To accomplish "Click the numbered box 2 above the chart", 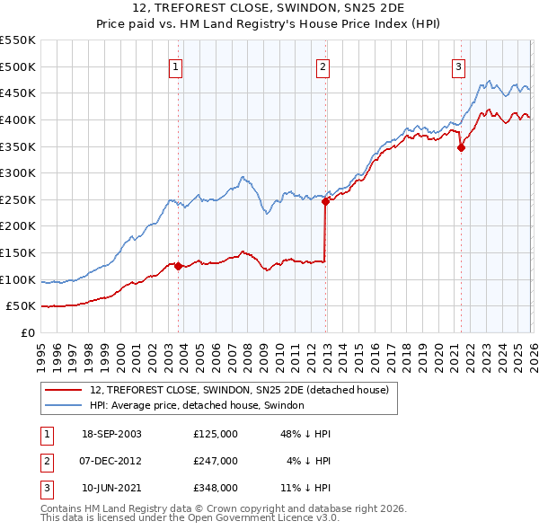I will [x=323, y=66].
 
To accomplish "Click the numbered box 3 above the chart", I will [x=458, y=66].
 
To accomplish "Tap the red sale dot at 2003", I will [x=179, y=266].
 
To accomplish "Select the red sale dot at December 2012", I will [x=326, y=201].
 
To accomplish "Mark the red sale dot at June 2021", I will [x=461, y=148].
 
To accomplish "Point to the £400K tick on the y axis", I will [x=17, y=119].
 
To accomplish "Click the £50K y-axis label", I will [x=21, y=306].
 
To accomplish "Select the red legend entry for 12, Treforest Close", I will [x=239, y=390].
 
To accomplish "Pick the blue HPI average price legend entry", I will [x=197, y=406].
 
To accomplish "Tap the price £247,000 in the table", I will [x=216, y=461].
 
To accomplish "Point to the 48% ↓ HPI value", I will [x=305, y=434].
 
